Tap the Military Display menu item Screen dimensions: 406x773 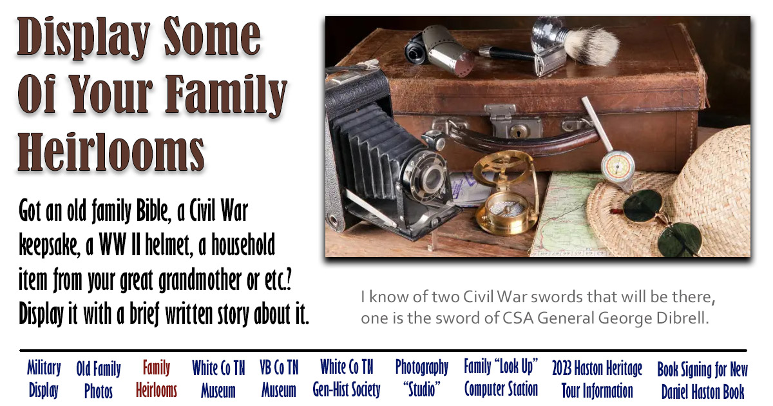[x=44, y=379]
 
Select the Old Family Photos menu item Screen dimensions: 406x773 [x=98, y=380]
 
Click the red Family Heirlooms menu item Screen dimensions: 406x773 [x=157, y=379]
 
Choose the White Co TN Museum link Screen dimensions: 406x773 [x=218, y=379]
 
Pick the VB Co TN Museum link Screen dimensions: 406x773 [x=279, y=379]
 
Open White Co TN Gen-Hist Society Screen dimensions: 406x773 [x=347, y=378]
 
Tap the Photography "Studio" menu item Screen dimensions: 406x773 [x=421, y=378]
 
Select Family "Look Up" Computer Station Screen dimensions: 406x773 [x=501, y=378]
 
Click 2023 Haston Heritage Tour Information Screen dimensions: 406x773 [x=597, y=380]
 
